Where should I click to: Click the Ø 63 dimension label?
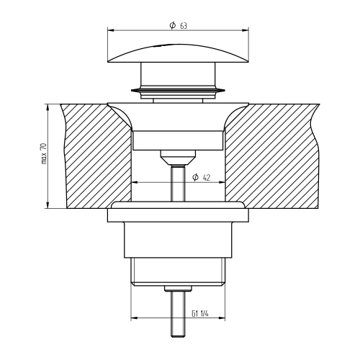178,25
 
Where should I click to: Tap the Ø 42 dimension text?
202,177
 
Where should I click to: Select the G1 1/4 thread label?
200,313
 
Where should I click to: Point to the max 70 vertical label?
45,153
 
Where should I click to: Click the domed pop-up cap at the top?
178,53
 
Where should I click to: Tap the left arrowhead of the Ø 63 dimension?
111,30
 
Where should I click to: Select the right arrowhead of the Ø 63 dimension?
246,30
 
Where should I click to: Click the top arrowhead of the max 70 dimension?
48,107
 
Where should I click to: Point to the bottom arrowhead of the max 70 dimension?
48,205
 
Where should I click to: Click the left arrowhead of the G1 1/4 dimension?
134,318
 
